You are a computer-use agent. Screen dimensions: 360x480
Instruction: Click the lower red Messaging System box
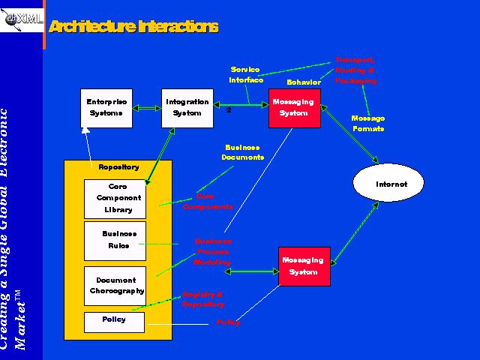(304, 266)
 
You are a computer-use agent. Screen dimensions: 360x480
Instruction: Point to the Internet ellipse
(389, 184)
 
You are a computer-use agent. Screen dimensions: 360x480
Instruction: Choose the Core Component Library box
(114, 199)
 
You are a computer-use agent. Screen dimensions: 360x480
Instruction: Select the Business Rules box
(115, 240)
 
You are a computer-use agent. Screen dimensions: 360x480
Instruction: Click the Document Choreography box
(115, 286)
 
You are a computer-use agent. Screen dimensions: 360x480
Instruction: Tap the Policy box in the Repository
(114, 321)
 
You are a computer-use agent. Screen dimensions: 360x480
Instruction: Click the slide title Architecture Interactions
(133, 27)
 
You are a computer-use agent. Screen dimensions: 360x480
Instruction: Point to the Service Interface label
(246, 75)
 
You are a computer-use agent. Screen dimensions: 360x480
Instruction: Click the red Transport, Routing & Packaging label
(355, 70)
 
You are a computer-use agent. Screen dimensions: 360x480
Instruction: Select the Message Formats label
(367, 124)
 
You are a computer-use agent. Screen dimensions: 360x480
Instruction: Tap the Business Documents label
(243, 152)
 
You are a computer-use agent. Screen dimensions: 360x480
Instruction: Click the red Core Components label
(208, 201)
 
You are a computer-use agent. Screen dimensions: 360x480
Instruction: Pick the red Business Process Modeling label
(213, 252)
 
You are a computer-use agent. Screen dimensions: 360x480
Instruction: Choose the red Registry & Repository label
(203, 300)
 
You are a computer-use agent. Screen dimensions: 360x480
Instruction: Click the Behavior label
(304, 82)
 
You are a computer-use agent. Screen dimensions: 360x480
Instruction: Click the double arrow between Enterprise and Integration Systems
(148, 108)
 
